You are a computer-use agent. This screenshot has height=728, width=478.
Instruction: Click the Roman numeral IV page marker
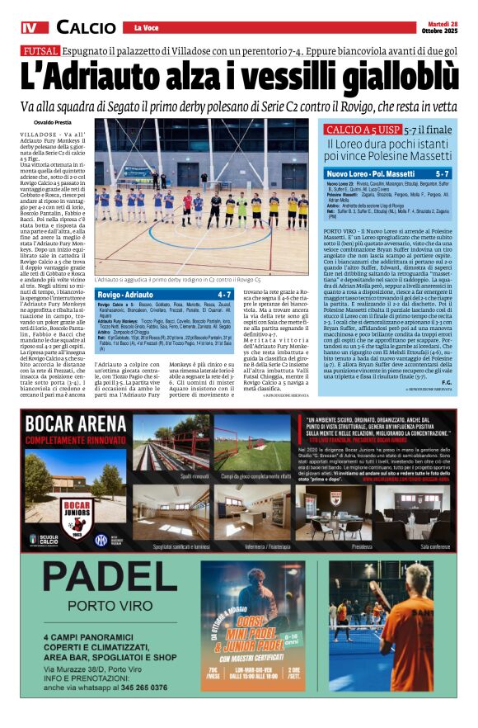point(30,28)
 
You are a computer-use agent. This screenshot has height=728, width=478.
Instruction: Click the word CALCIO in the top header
point(86,28)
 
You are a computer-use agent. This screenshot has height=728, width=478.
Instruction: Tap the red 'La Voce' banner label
point(148,28)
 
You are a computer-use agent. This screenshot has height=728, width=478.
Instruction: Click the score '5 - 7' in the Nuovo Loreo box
point(443,174)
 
